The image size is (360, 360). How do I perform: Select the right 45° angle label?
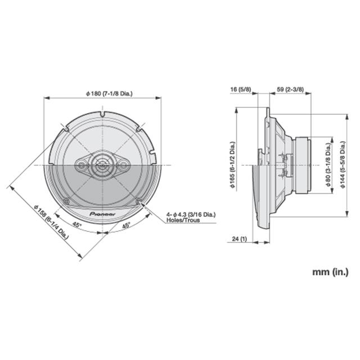pyautogui.click(x=127, y=225)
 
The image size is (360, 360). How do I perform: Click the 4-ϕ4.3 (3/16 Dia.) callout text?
pyautogui.click(x=191, y=214)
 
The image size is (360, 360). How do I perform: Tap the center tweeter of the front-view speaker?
pyautogui.click(x=102, y=165)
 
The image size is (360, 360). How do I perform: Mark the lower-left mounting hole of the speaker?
pyautogui.click(x=67, y=201)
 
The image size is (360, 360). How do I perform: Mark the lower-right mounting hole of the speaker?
pyautogui.click(x=138, y=201)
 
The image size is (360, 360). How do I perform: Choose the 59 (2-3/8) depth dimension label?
pyautogui.click(x=291, y=89)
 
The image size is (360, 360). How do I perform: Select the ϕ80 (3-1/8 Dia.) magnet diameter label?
pyautogui.click(x=328, y=165)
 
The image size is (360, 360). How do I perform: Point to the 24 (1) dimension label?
pyautogui.click(x=239, y=240)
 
